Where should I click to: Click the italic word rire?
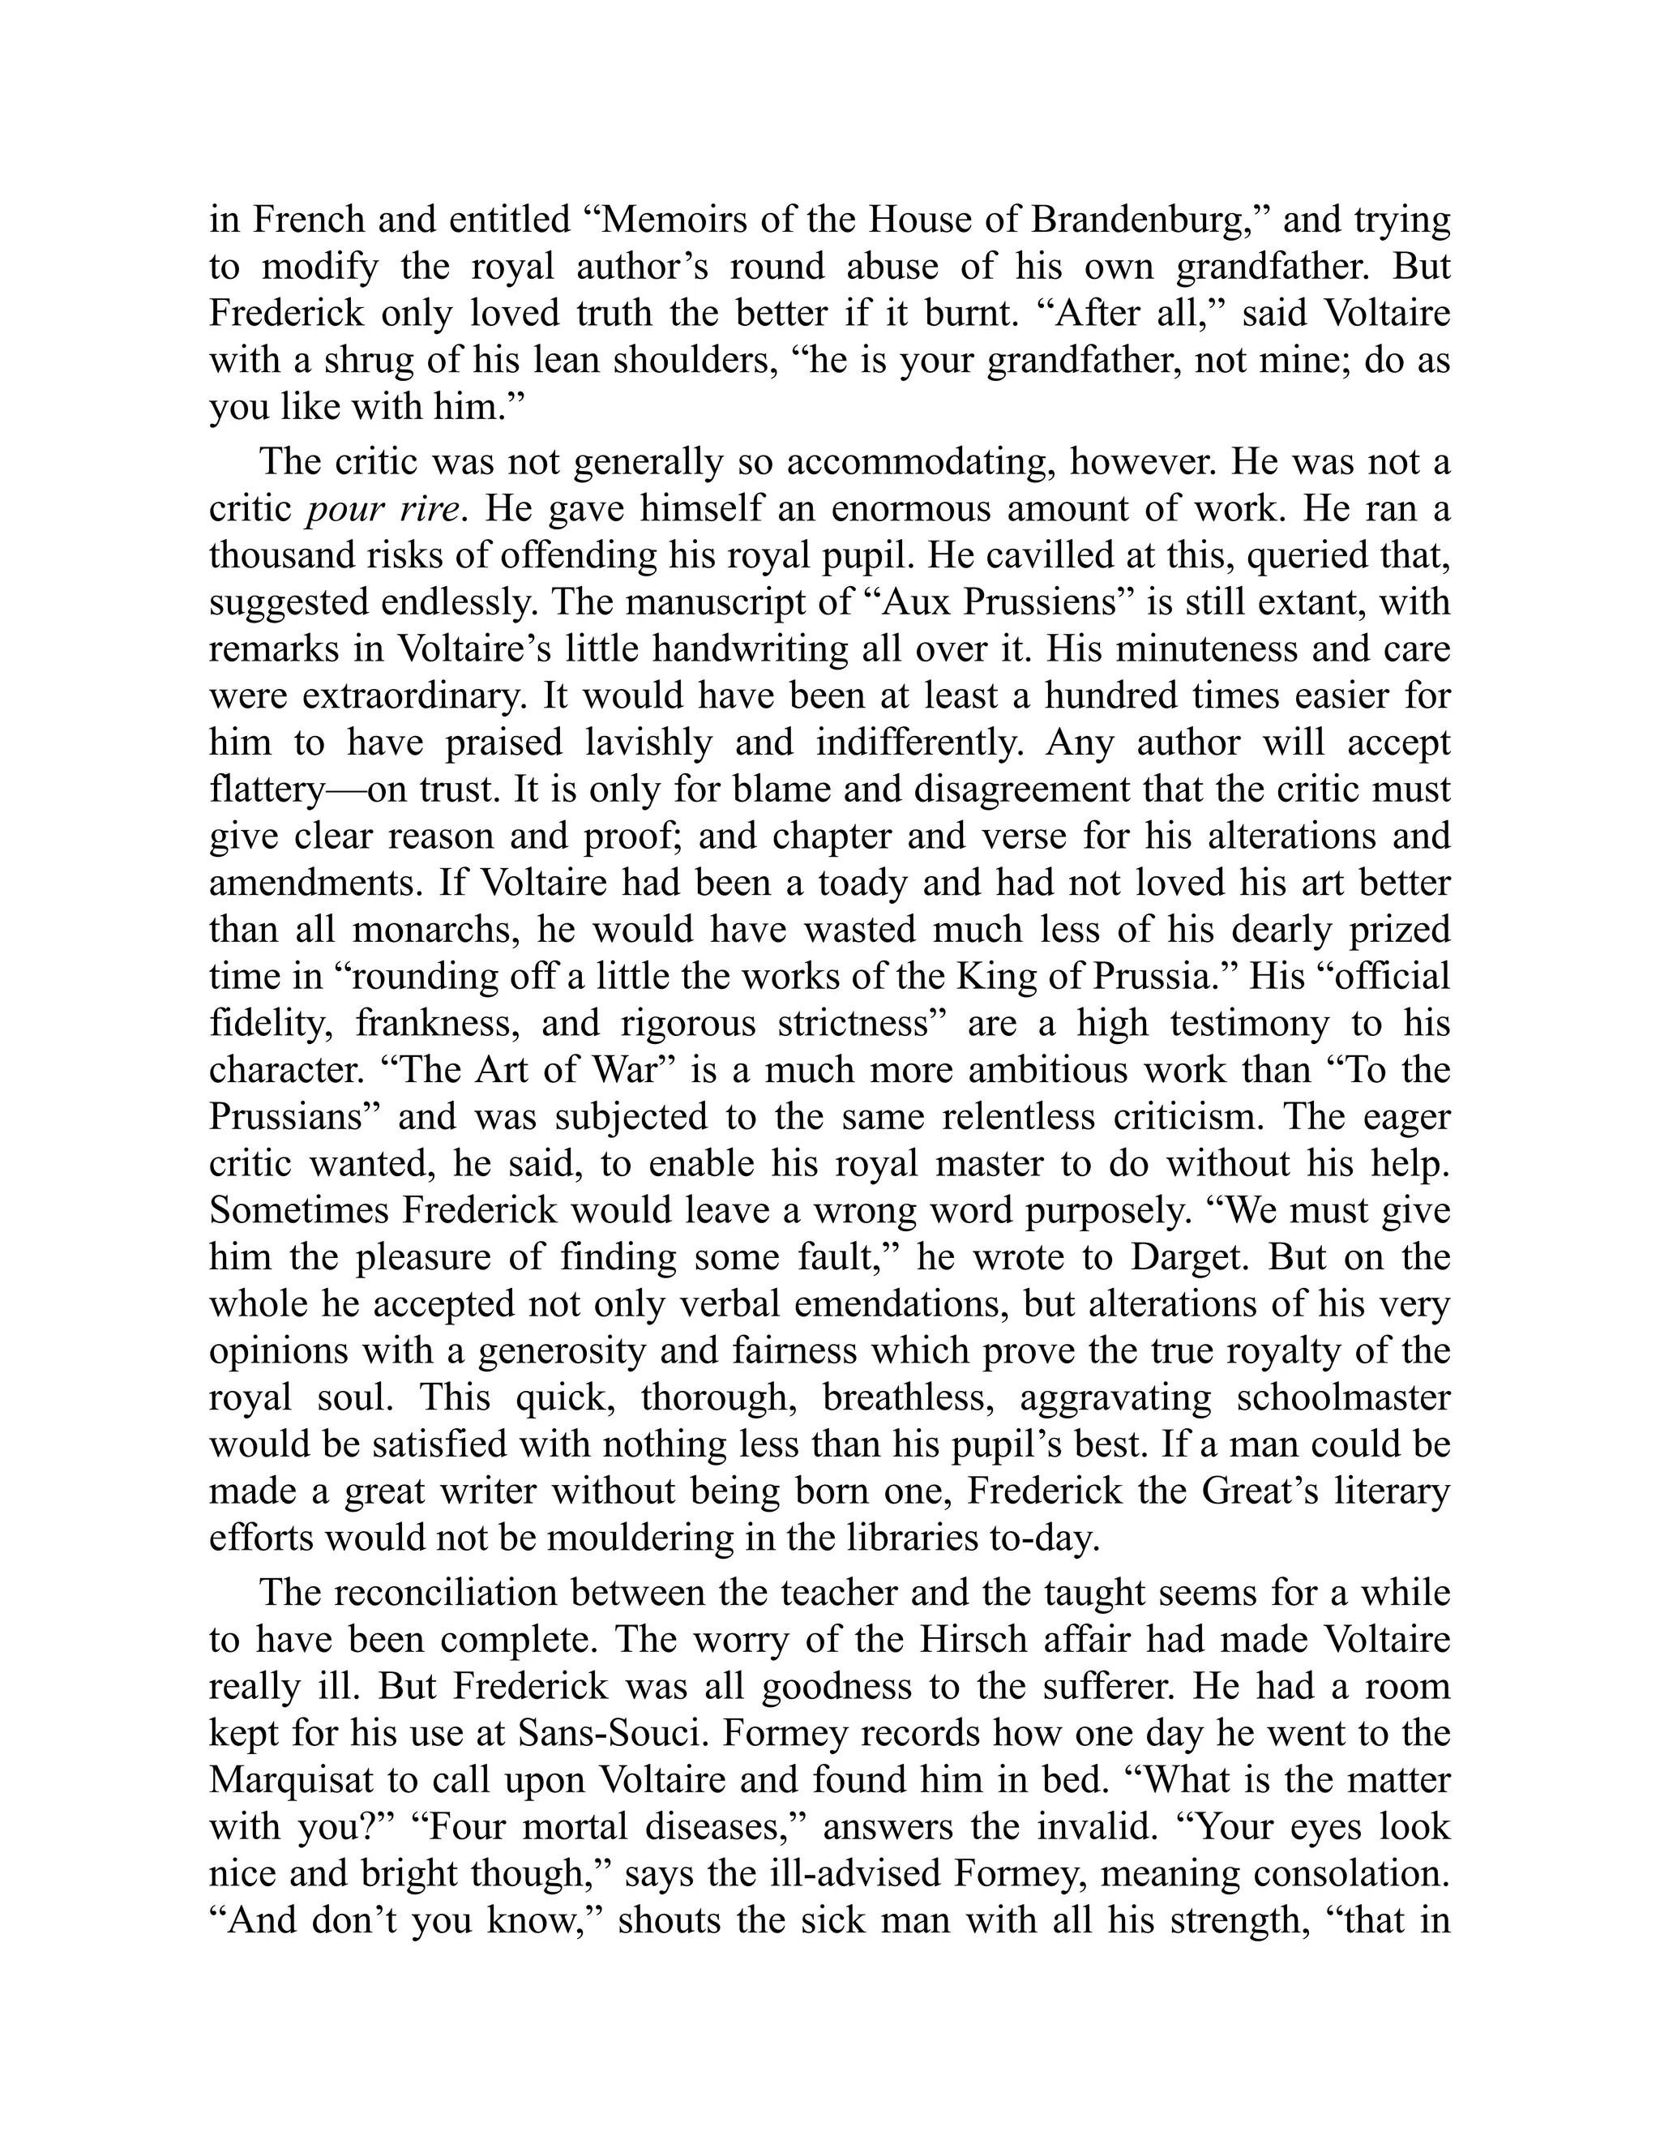430,508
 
